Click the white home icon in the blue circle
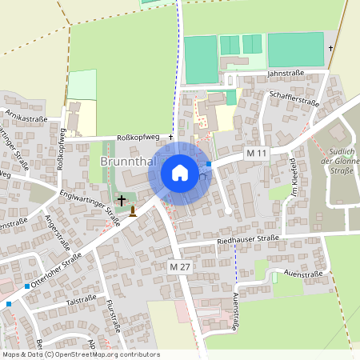[179, 173]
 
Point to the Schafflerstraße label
[294, 98]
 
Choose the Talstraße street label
[81, 302]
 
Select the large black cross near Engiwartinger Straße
[122, 200]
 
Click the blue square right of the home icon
[209, 164]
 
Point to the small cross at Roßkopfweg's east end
[170, 137]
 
